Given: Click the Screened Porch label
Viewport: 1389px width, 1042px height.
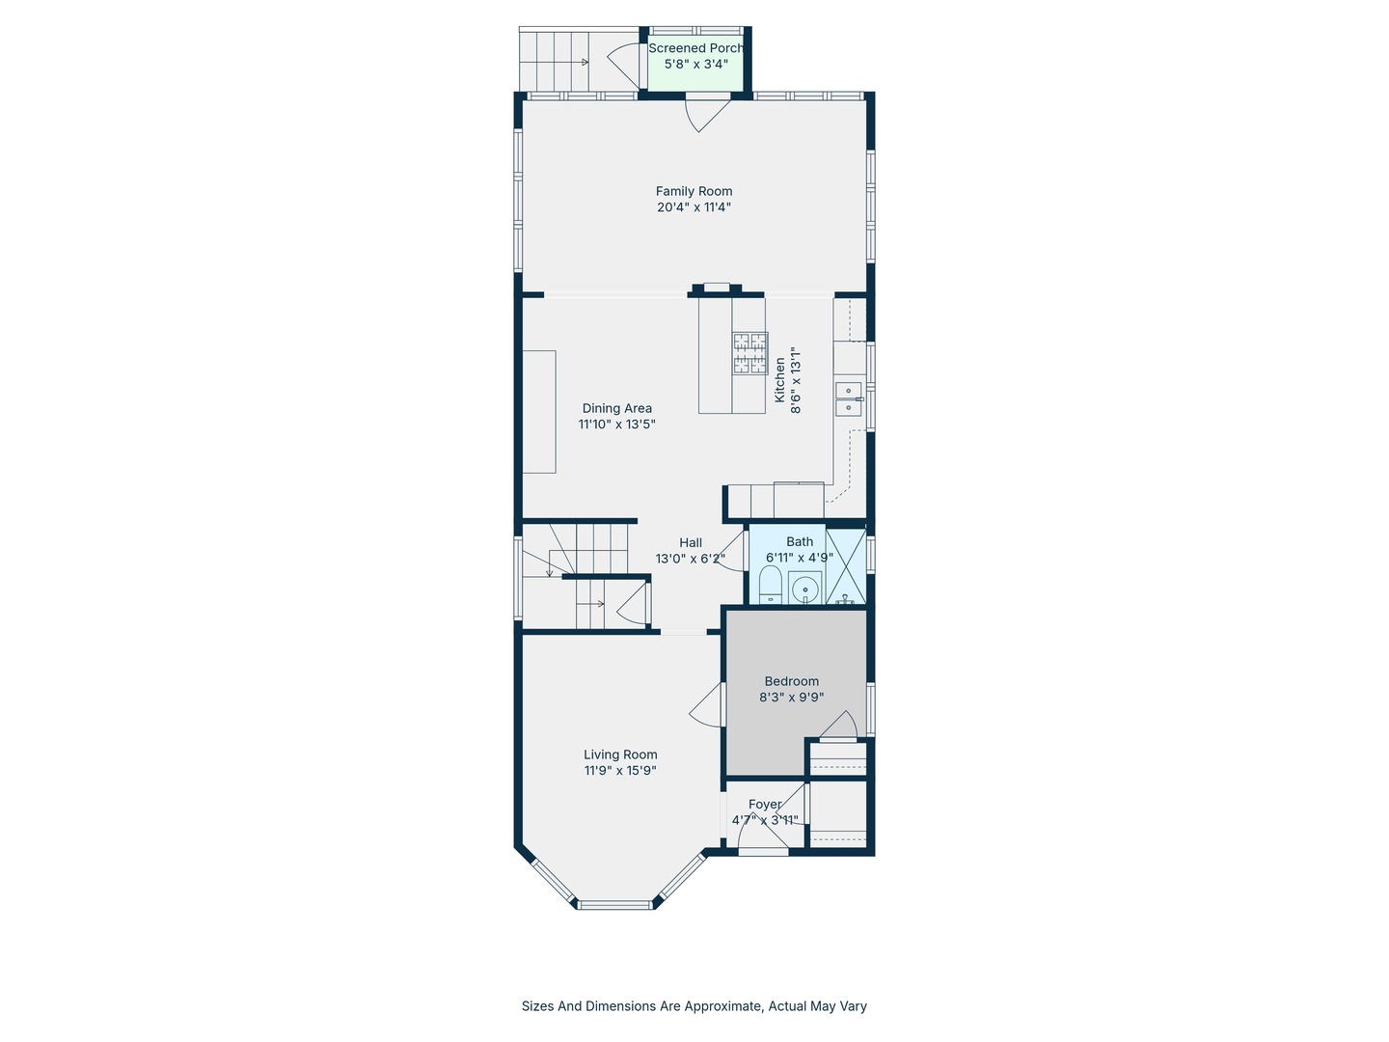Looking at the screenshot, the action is click(695, 48).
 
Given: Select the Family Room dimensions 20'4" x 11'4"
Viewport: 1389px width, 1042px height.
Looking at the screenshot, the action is click(694, 206).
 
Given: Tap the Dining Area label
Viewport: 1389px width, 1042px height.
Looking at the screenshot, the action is click(617, 409).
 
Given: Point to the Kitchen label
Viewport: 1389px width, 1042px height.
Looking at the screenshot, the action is click(779, 379).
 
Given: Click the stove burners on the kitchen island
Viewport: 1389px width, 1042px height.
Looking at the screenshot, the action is click(750, 352).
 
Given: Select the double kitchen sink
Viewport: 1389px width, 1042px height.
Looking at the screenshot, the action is click(849, 399).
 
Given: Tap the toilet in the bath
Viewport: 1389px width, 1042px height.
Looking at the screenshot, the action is click(770, 586).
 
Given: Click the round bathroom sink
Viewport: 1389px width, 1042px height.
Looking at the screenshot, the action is click(804, 589).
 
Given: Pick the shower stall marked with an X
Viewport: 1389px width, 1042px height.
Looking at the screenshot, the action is click(845, 565).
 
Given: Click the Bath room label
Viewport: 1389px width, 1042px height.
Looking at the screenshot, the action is click(800, 542).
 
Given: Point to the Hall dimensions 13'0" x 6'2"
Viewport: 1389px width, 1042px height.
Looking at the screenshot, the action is click(691, 559).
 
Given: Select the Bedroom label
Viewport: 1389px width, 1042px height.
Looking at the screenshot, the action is click(792, 681).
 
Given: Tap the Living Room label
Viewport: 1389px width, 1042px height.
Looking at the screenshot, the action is click(620, 754).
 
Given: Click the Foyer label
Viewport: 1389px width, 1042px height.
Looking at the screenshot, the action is click(765, 804).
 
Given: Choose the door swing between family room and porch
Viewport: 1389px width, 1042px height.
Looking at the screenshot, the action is click(707, 115).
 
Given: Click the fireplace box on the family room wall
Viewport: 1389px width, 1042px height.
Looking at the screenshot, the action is click(717, 288).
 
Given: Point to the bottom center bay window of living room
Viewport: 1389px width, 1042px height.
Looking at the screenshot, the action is click(614, 905).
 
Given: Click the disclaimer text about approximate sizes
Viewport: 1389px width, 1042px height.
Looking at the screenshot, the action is click(694, 1006).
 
